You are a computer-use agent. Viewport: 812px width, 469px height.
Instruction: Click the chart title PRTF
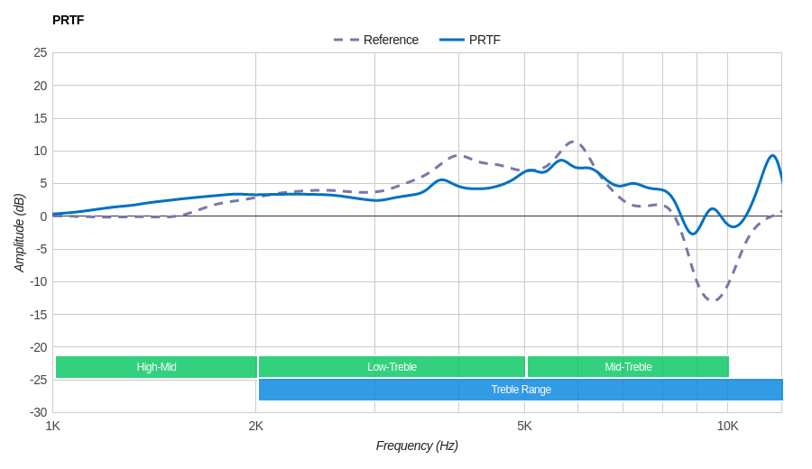coord(68,20)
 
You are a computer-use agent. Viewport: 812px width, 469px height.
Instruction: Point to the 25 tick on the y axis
coord(41,52)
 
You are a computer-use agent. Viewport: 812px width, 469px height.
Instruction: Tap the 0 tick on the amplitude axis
coord(43,216)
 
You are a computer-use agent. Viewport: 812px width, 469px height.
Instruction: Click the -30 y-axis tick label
coord(38,412)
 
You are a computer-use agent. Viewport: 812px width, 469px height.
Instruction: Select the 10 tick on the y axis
coord(41,151)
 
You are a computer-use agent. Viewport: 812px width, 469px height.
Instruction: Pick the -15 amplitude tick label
coord(38,314)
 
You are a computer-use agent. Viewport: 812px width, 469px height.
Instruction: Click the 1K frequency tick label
coord(53,426)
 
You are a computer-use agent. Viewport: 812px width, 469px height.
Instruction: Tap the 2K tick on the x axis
coord(256,426)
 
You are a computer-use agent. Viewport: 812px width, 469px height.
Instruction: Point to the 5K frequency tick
coord(524,426)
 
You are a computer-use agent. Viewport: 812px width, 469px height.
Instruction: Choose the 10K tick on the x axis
coord(727,426)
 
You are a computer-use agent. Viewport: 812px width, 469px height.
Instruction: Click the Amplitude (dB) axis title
coord(20,233)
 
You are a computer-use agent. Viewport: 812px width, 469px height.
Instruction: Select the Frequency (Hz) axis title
coord(417,446)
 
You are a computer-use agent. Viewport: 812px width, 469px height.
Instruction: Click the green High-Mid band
coord(156,367)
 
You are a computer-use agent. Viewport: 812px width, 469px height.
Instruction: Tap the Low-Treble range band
coord(392,367)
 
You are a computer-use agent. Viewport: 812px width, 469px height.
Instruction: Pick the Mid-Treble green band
coord(628,367)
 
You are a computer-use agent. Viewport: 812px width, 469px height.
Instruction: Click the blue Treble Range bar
coord(521,390)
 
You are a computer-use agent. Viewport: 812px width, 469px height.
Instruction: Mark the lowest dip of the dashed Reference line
coord(714,300)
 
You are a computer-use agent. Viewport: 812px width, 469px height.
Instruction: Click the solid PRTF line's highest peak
coord(772,156)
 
